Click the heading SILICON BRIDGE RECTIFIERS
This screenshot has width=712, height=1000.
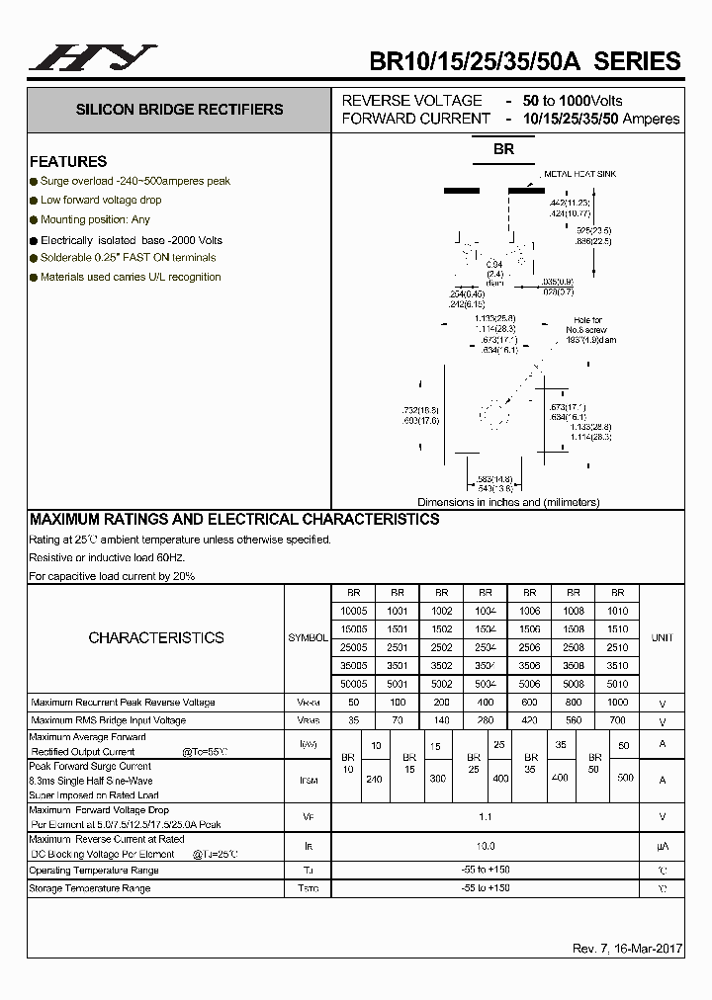point(179,110)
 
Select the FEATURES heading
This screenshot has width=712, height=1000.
point(68,161)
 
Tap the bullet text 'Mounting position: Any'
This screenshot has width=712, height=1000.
point(95,219)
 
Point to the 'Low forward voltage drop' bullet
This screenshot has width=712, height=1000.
point(101,200)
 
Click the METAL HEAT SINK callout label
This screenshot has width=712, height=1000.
point(579,174)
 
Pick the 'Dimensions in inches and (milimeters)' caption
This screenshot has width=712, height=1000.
point(508,502)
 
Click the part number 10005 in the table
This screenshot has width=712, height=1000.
point(352,611)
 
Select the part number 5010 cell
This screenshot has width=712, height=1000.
point(617,683)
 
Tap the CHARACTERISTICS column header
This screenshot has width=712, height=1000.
point(156,637)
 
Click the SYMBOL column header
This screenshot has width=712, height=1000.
point(308,637)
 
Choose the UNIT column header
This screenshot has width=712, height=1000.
point(662,637)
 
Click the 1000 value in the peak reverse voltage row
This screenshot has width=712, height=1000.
point(617,702)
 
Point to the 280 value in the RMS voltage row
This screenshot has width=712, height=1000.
point(485,720)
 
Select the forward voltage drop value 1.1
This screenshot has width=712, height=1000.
point(485,817)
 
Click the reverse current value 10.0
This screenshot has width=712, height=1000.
point(485,847)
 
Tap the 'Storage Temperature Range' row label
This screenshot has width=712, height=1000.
point(90,888)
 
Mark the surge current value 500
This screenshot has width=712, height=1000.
point(624,779)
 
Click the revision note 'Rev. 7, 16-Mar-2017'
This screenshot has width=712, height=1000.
point(627,949)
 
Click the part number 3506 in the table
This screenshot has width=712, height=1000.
point(529,665)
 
